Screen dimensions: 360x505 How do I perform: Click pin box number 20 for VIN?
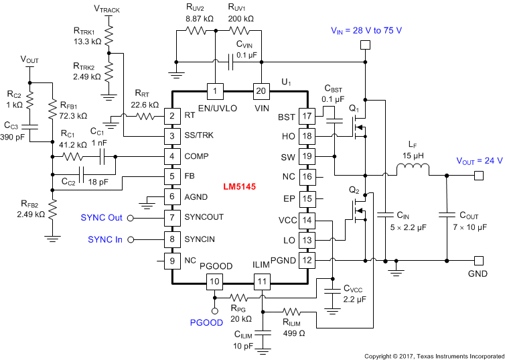261,91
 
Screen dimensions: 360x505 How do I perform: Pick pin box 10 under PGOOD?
215,281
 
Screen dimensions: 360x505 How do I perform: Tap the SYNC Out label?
101,218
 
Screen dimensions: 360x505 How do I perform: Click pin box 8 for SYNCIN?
173,239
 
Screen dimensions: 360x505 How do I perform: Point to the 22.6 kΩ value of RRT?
143,105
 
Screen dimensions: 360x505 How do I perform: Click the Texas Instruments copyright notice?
433,355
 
